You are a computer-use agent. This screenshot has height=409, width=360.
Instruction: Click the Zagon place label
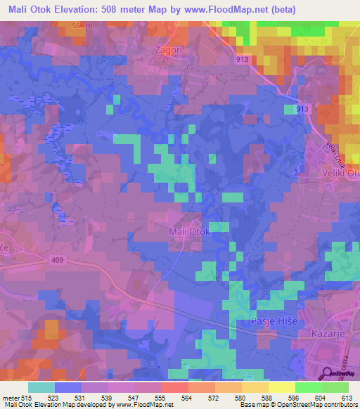pos(167,51)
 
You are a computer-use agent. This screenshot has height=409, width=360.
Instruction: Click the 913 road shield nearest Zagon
pos(242,60)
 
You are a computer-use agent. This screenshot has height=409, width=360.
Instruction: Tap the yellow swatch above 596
pos(281,387)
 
